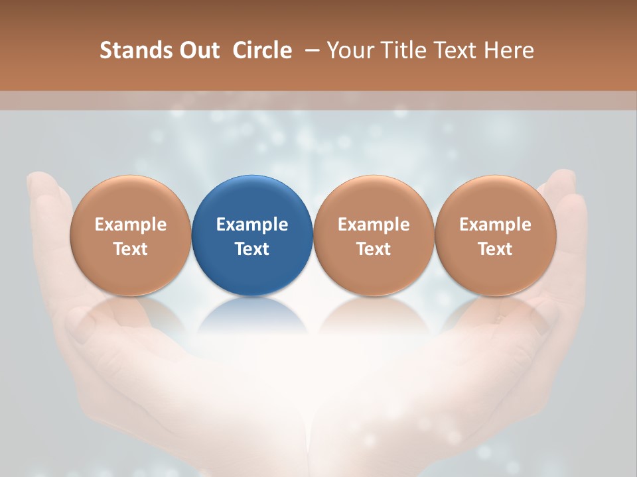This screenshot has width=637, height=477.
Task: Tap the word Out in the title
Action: tap(198, 50)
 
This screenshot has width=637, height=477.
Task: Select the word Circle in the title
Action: tap(262, 50)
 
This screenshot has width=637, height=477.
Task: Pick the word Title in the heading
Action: tap(404, 50)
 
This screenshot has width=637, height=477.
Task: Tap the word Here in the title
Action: tap(508, 50)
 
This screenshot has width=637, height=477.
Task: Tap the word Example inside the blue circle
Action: tap(252, 225)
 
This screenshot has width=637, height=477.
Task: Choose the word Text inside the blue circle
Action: tap(252, 249)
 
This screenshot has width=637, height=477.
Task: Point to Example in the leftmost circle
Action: tap(130, 225)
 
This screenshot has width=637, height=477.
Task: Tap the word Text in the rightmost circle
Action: tap(496, 249)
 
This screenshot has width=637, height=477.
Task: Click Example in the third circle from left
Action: tap(374, 225)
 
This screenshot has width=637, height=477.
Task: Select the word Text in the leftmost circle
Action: tap(130, 249)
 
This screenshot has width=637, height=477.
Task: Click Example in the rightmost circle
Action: tap(496, 225)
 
